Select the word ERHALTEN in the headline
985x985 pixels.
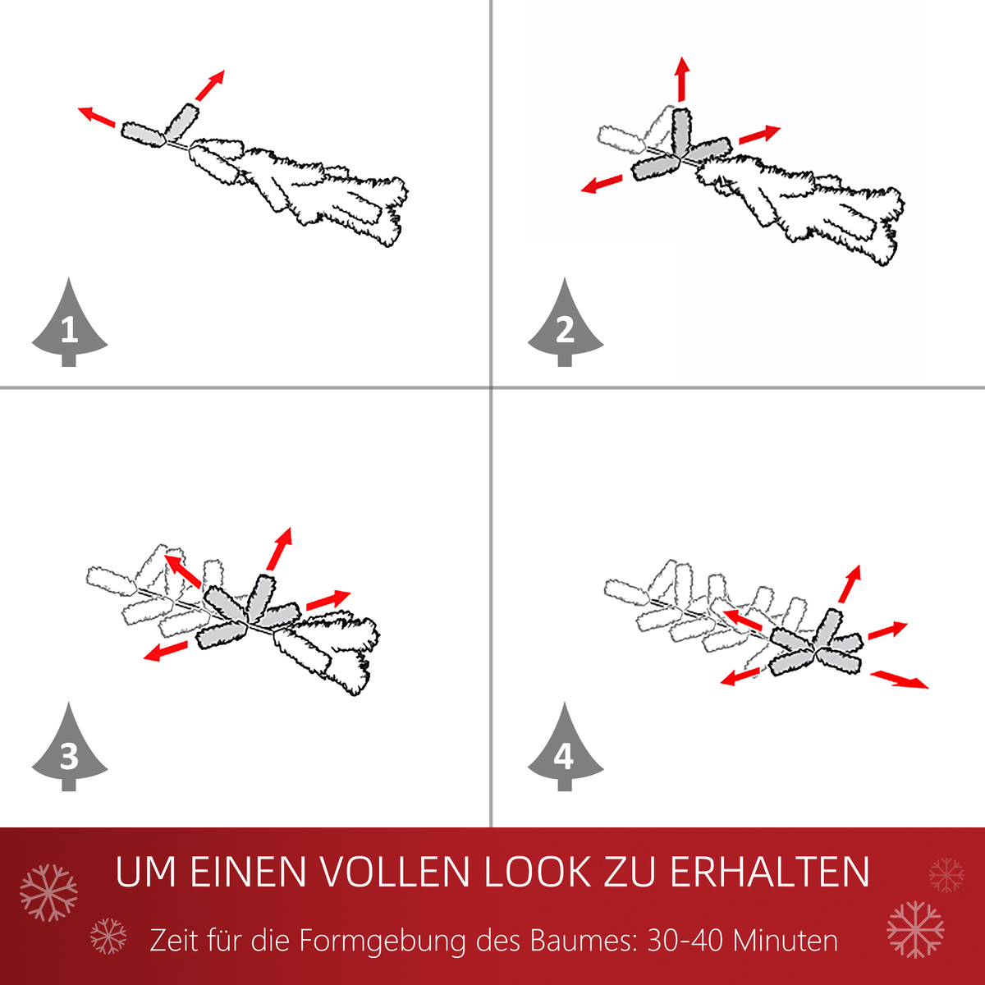pos(769,872)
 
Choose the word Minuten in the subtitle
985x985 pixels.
pos(786,941)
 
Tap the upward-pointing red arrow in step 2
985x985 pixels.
pos(681,80)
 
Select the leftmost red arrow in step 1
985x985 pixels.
pos(97,117)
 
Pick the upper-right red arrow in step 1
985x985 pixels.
pos(210,85)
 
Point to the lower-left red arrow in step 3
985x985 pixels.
pos(165,651)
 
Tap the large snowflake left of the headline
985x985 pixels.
pos(48,891)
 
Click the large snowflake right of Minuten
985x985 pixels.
pos(915,929)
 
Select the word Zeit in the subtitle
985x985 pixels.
pos(174,941)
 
